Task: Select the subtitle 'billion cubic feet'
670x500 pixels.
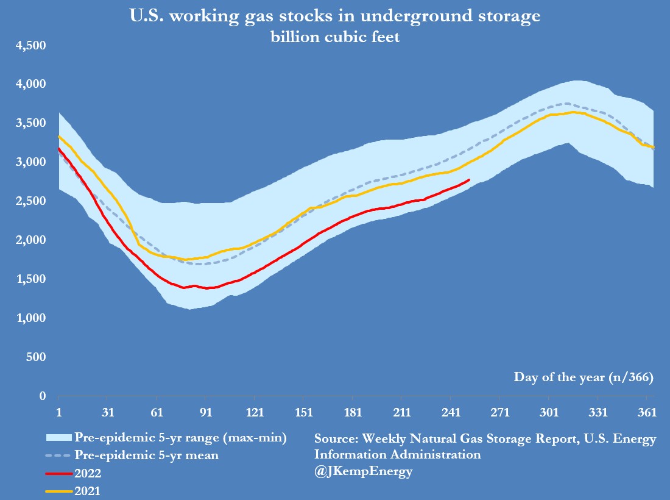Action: (x=335, y=37)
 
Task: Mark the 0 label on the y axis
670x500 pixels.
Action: (x=43, y=396)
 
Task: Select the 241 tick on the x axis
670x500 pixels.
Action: (x=451, y=413)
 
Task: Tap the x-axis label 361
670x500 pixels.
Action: (x=647, y=413)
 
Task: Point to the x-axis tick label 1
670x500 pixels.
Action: (x=58, y=413)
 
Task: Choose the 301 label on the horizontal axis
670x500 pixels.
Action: (x=549, y=413)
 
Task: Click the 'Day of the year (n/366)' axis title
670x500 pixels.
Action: (x=584, y=377)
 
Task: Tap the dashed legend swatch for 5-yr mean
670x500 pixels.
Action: (x=58, y=454)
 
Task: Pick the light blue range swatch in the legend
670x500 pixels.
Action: (x=58, y=437)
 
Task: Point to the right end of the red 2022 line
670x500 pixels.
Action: (x=469, y=180)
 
